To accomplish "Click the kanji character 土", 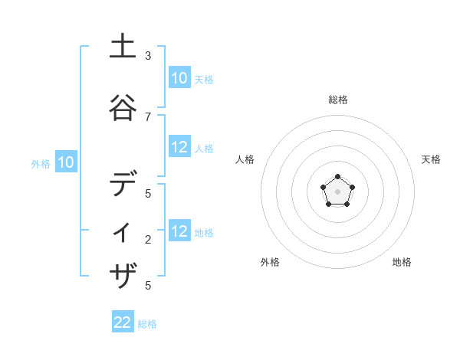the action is (x=123, y=47).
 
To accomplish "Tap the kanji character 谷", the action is (x=123, y=109).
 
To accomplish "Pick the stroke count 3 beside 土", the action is (x=148, y=55).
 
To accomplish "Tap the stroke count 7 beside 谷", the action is (x=148, y=116).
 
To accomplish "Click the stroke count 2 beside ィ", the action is (x=148, y=240).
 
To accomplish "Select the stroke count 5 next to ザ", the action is (x=148, y=286).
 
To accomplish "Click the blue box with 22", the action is (x=123, y=322).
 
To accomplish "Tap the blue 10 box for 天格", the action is (x=179, y=78).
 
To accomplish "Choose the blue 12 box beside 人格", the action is (x=179, y=147).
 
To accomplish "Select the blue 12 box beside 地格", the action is (x=179, y=231).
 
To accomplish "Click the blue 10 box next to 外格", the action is (x=66, y=162).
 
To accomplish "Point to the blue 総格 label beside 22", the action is (x=147, y=324).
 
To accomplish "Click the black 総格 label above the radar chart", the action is (x=338, y=100).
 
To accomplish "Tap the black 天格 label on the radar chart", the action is (x=431, y=159).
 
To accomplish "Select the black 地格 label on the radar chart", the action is (x=402, y=262).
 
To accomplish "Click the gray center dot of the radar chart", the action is (x=338, y=192).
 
